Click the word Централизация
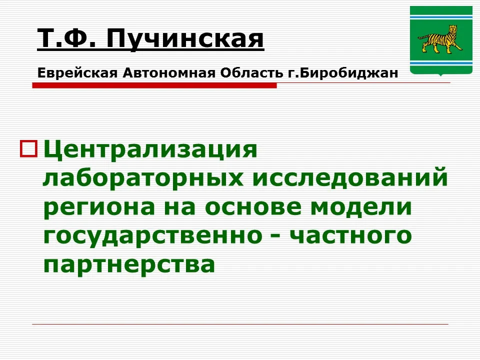(x=150, y=149)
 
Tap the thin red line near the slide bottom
(x=240, y=324)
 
